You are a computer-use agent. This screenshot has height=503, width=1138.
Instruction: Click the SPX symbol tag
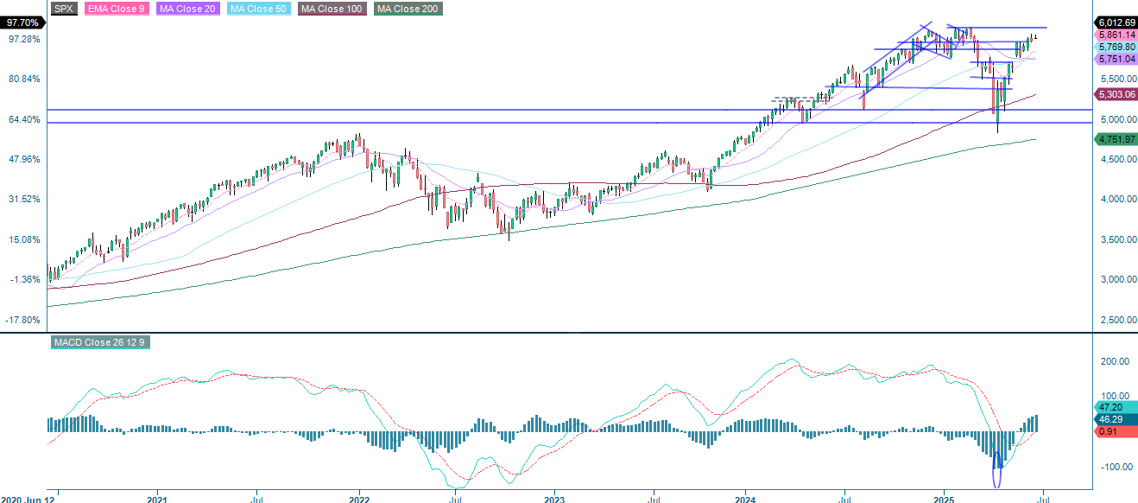[64, 9]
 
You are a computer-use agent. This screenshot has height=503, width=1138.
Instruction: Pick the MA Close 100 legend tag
[332, 9]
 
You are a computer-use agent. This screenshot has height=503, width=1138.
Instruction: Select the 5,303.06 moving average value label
[1116, 93]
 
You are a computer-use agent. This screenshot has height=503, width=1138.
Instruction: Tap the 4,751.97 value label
[1116, 139]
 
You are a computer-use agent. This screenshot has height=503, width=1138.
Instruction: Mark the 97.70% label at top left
[21, 22]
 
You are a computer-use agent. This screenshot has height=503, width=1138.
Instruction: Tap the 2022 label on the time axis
[359, 499]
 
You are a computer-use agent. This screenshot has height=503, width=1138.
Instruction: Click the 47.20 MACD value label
[1109, 406]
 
